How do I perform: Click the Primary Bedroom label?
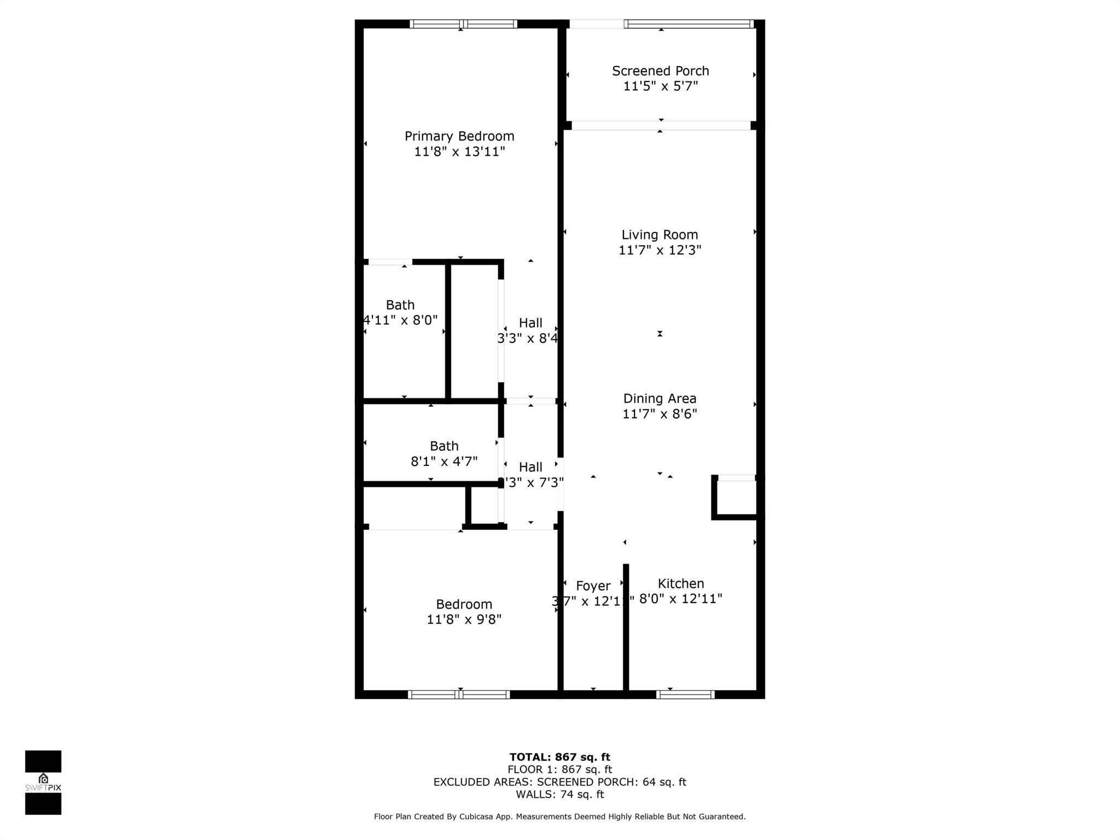point(459,136)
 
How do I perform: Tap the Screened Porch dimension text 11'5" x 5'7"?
point(661,86)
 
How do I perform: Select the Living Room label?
point(660,235)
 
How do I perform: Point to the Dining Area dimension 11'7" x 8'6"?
point(660,414)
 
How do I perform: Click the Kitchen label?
point(680,584)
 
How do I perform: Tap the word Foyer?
point(593,586)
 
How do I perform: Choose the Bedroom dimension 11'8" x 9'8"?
point(464,620)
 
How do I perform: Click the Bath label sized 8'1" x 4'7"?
point(444,446)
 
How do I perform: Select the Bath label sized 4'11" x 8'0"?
point(400,305)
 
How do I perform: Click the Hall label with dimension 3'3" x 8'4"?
point(530,323)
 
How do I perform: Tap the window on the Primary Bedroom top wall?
point(463,24)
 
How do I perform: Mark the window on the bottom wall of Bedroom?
point(459,695)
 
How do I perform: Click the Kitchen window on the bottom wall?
point(685,695)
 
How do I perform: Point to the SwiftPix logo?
point(43,783)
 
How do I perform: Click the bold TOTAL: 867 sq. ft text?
point(559,757)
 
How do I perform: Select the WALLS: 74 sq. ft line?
point(559,795)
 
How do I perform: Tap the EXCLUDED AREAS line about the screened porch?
point(559,782)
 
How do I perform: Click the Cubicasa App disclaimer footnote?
point(559,816)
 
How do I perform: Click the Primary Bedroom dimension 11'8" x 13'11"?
point(459,151)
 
